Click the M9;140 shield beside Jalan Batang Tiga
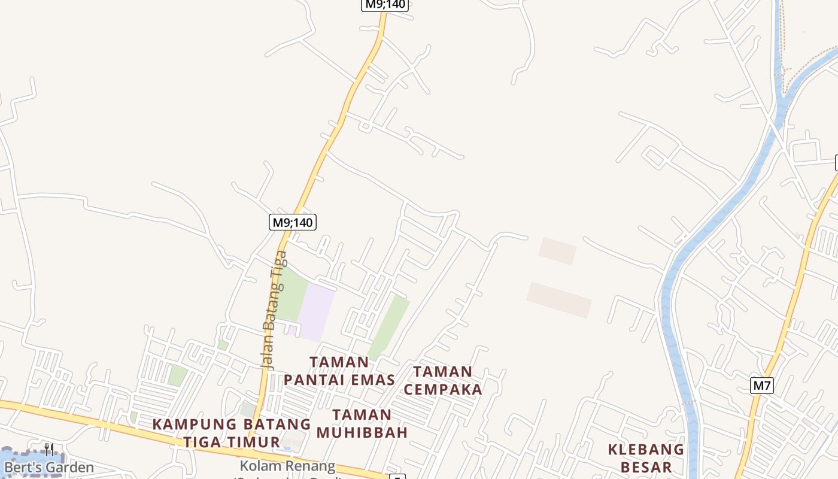click(x=292, y=222)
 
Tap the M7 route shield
click(x=761, y=385)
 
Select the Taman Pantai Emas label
click(x=339, y=371)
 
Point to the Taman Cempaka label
click(x=443, y=380)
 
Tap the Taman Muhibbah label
click(x=362, y=423)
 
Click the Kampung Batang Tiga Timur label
click(x=232, y=433)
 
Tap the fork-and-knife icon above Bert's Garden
click(x=49, y=449)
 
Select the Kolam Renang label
click(x=287, y=466)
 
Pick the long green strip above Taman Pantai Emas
click(x=388, y=326)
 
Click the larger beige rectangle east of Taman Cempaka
click(x=559, y=299)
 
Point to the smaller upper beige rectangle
click(x=557, y=250)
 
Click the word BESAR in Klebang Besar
click(x=646, y=467)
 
